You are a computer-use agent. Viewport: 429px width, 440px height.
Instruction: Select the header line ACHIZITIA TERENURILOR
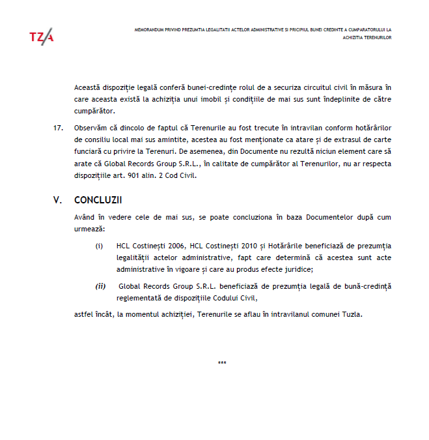pos(367,38)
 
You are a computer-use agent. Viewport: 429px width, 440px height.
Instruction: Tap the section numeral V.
pos(57,200)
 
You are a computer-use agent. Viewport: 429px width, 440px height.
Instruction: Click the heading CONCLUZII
pos(98,200)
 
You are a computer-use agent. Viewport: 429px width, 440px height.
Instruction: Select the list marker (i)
pos(100,246)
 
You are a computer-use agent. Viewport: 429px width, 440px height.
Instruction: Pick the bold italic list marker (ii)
pos(100,286)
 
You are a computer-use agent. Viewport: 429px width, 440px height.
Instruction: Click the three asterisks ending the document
pos(222,363)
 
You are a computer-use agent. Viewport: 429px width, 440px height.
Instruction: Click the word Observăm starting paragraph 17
pos(91,127)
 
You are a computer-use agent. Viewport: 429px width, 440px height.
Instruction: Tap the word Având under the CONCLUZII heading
pos(85,217)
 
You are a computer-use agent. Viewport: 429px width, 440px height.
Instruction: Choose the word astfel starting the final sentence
pos(83,314)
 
